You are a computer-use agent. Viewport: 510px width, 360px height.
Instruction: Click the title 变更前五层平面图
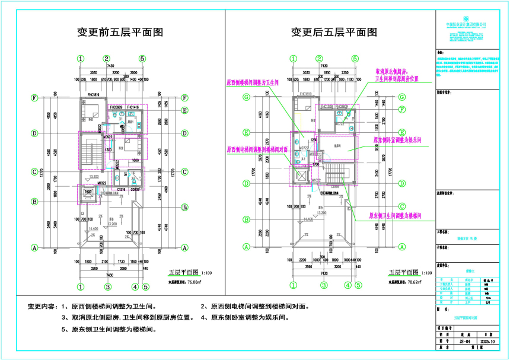click(121, 33)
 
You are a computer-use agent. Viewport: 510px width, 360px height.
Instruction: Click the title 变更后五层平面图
click(333, 33)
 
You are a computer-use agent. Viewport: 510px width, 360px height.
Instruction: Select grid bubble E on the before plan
click(184, 110)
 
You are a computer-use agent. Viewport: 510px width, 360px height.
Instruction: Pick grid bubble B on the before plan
click(35, 201)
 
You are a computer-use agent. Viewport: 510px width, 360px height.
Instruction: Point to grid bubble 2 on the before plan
click(107, 59)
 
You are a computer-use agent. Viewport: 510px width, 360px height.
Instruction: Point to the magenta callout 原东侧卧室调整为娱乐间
click(397, 141)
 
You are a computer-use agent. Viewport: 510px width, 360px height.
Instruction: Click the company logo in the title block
click(466, 18)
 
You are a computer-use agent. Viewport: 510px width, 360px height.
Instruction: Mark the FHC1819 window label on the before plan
click(93, 94)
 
